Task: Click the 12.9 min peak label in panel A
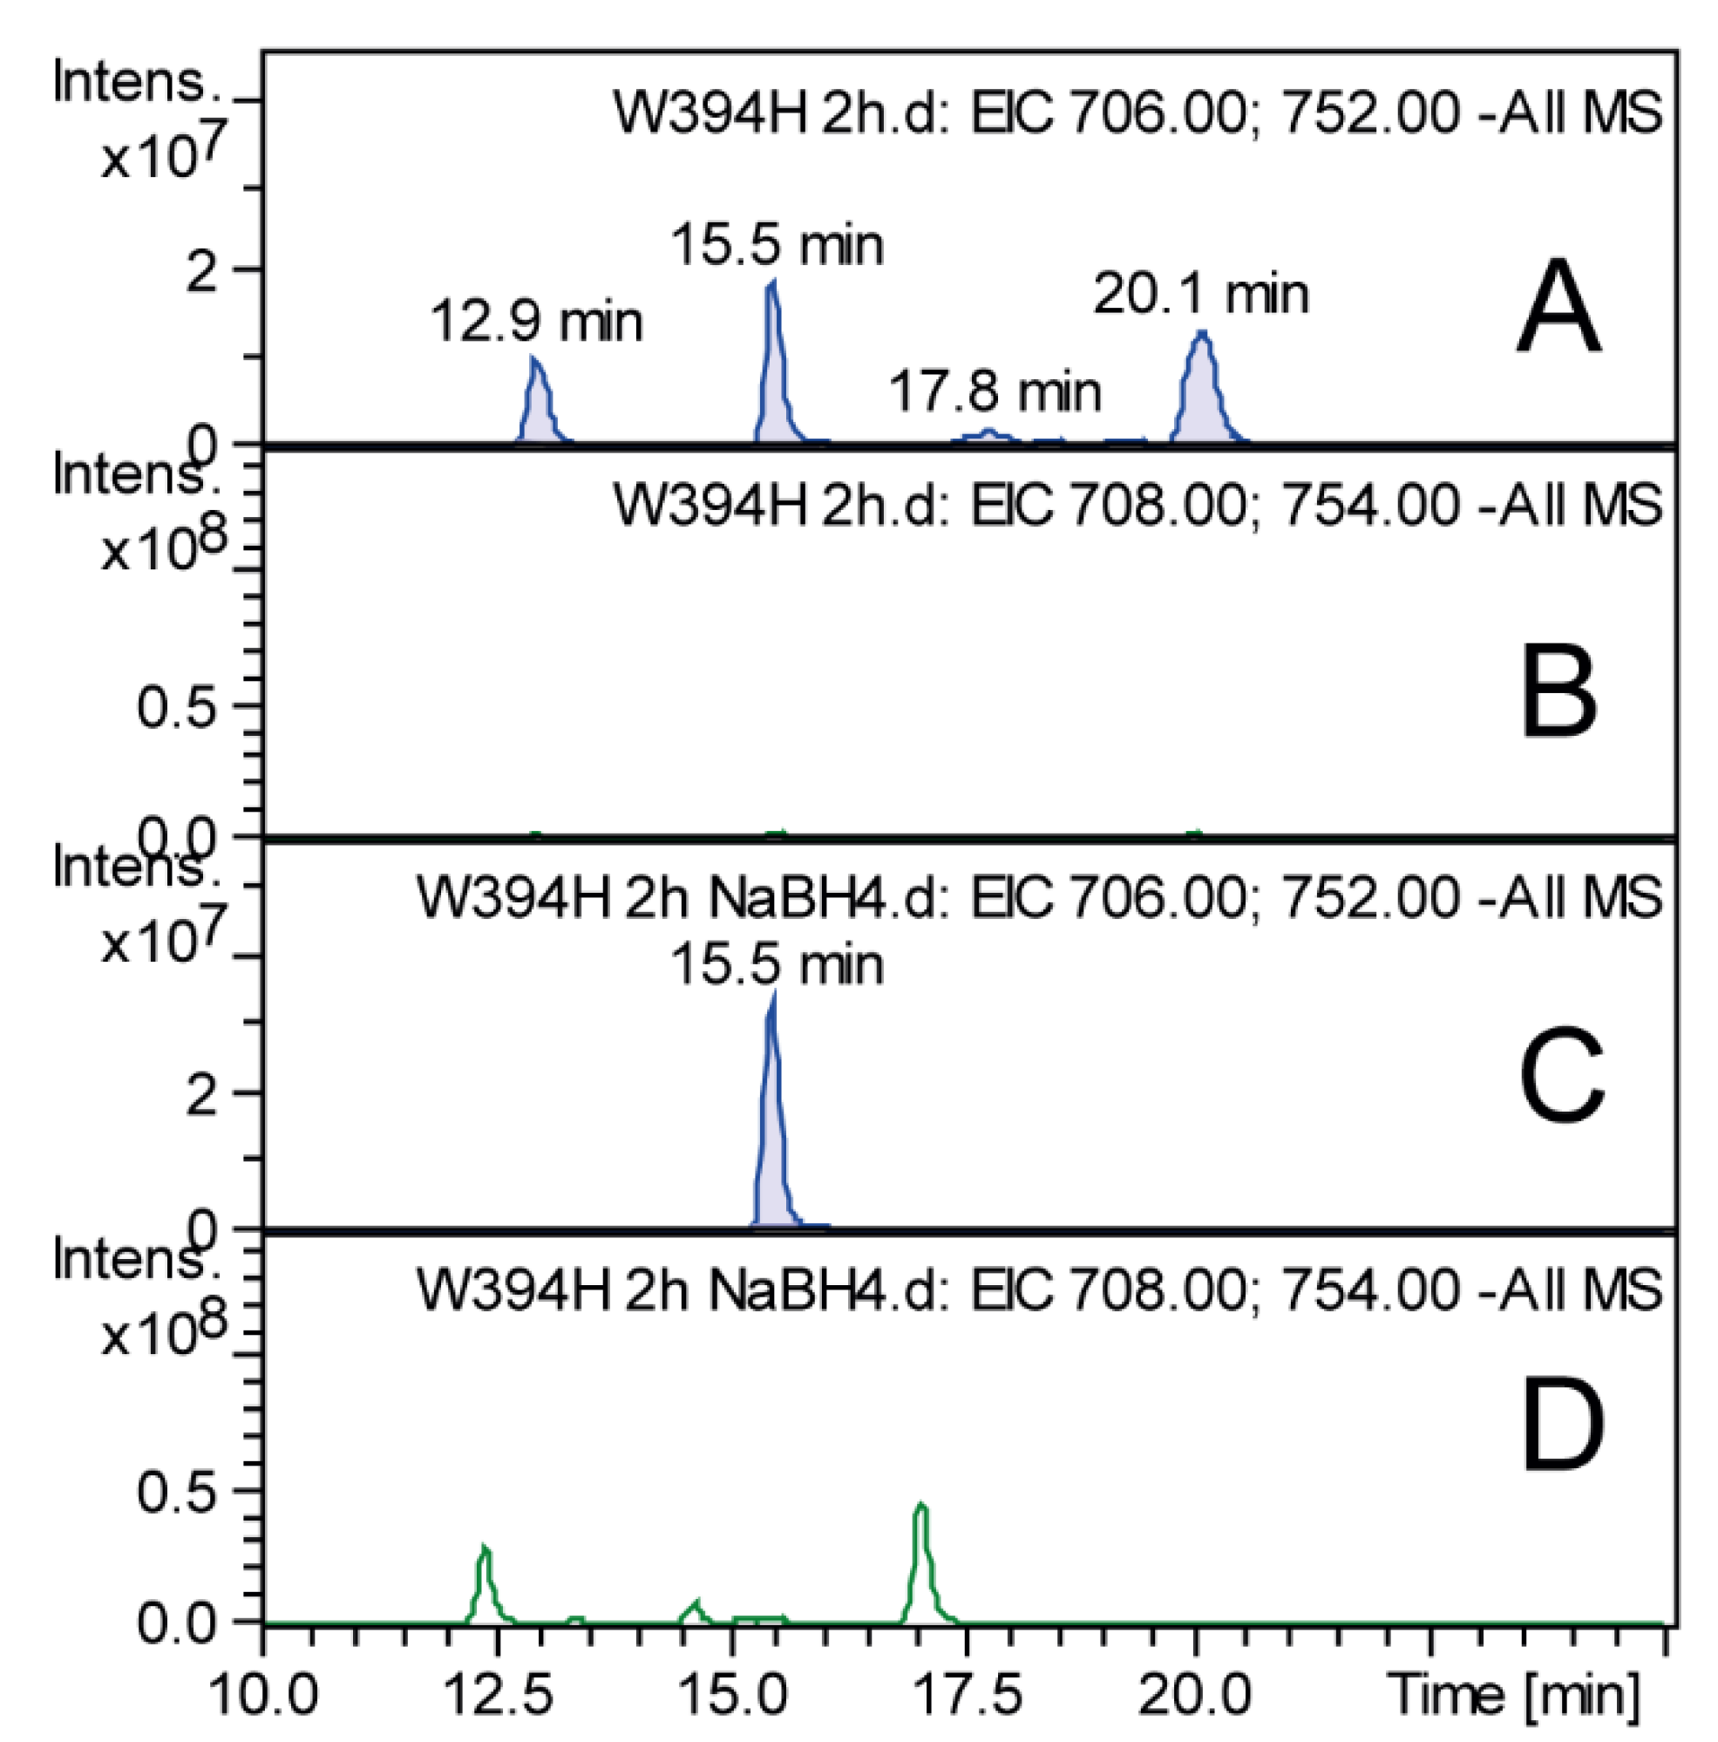536,322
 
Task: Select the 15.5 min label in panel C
776,965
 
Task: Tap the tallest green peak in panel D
921,1560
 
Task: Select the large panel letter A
1558,309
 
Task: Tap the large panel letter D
1562,1443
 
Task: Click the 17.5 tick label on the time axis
967,1695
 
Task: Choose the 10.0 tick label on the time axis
264,1695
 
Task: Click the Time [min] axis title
1514,1693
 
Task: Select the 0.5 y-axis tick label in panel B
178,706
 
